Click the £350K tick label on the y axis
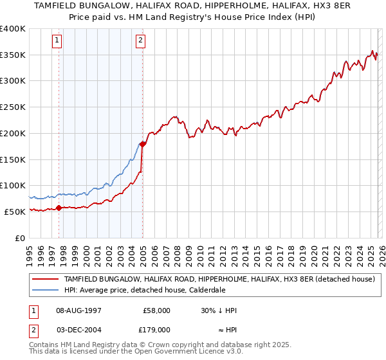(13, 55)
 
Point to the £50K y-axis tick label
(15, 212)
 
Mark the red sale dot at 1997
(59, 207)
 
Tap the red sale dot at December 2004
(142, 144)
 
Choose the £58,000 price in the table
(157, 310)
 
